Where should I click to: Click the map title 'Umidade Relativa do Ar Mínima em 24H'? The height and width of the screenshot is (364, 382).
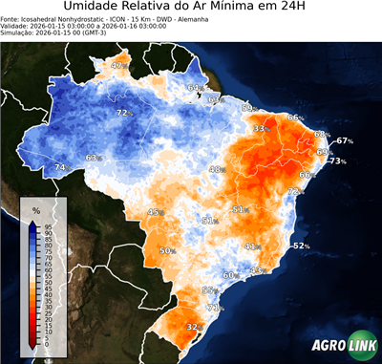click(190, 9)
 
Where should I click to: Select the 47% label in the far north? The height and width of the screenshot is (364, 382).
click(118, 66)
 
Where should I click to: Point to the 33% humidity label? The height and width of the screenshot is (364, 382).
click(260, 128)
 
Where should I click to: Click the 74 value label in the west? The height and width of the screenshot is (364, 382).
click(60, 167)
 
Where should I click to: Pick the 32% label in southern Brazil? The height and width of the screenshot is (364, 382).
click(193, 327)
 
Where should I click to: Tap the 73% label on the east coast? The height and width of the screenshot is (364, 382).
click(337, 161)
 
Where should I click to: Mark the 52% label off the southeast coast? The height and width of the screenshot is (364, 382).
click(301, 246)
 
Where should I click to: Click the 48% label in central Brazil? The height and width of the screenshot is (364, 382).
click(216, 169)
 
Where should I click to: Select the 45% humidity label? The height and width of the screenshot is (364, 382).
click(155, 212)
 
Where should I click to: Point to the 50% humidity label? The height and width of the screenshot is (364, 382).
click(166, 250)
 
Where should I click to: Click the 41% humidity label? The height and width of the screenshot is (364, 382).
click(251, 246)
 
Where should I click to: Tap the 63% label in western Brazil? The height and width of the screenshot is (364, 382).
click(93, 158)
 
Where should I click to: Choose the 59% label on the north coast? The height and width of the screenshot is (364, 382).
click(247, 108)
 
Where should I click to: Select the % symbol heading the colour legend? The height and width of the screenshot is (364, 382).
click(35, 208)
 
